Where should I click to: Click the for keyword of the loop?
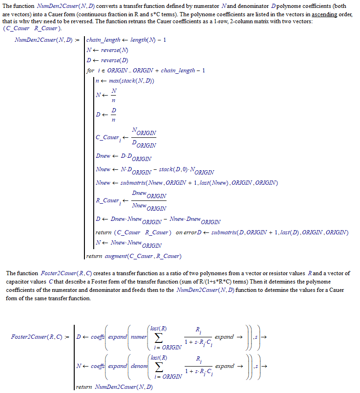coord(90,71)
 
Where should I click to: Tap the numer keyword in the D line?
coord(139,337)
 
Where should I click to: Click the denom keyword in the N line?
coord(139,366)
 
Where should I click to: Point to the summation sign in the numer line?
coord(159,337)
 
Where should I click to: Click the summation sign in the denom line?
coord(159,367)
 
